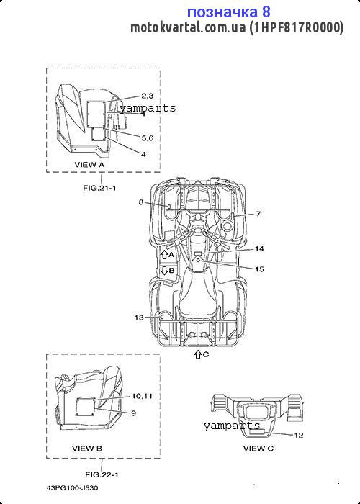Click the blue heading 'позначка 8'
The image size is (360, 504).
228,12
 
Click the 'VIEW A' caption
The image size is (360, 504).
90,165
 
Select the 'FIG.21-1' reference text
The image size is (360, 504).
99,188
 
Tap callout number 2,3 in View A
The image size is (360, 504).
148,96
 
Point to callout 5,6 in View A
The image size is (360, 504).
148,138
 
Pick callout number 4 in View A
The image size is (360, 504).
143,154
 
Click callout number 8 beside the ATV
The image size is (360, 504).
141,202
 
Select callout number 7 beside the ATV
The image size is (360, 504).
258,213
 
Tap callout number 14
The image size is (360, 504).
259,249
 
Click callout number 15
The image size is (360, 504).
259,269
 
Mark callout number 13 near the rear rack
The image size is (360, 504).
139,318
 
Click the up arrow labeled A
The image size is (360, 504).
164,255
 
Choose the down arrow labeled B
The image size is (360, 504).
164,270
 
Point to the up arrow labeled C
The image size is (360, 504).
198,354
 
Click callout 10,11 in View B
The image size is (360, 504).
142,396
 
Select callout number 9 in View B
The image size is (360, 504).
133,413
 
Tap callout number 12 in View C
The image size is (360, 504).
299,435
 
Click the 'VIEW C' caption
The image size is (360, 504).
258,448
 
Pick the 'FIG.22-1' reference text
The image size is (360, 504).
102,474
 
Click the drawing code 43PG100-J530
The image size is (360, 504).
72,488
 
